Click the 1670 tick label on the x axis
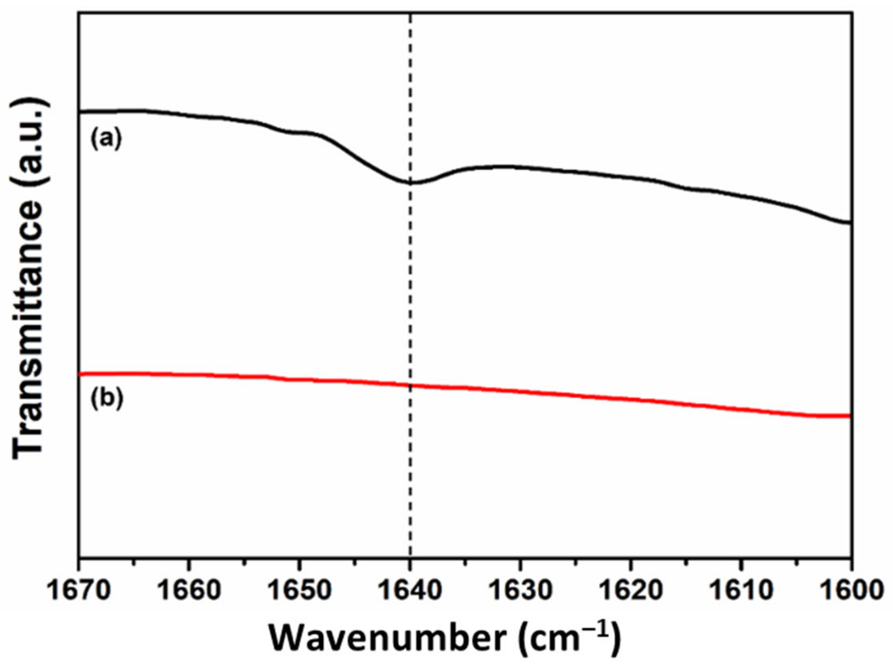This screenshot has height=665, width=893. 79,590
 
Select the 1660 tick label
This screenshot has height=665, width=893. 189,590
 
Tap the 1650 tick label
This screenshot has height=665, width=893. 299,590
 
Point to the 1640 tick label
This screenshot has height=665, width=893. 410,590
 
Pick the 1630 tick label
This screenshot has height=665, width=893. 520,590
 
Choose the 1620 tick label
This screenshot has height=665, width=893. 630,590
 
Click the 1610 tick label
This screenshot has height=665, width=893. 741,590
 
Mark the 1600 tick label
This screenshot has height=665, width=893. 851,590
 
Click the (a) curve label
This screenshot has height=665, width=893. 106,139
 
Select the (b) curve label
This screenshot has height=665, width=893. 107,398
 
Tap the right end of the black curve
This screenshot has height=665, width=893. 850,223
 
